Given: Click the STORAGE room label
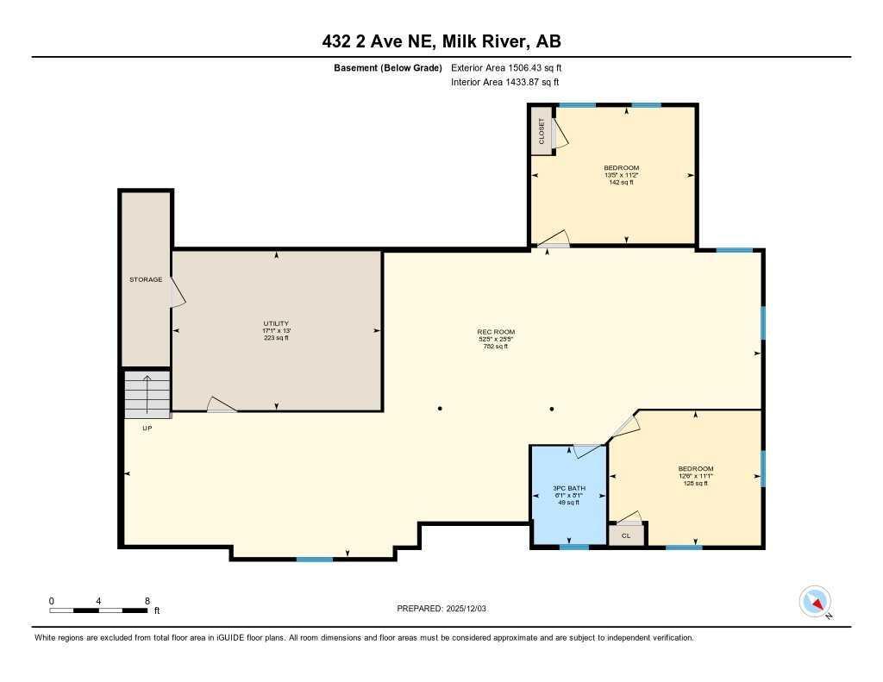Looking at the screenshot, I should (x=146, y=279).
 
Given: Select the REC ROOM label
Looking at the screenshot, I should (x=496, y=332).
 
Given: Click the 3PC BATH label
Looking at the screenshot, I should (x=568, y=488).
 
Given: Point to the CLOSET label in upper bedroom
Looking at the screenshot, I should (x=542, y=131).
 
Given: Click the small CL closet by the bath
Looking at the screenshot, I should (x=626, y=535).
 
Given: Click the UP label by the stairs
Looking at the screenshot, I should (x=147, y=428).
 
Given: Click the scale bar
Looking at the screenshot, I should (x=98, y=610).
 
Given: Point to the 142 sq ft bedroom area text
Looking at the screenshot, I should (x=621, y=183).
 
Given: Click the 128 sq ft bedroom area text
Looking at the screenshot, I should (x=695, y=483).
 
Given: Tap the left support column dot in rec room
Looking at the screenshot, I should (x=440, y=408).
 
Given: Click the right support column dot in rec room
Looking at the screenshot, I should (x=552, y=408).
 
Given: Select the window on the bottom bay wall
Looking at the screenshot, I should (x=315, y=560).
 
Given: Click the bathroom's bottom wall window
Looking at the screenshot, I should (x=573, y=547).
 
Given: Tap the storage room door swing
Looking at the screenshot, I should (x=178, y=292).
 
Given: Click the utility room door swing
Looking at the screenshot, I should (x=222, y=404).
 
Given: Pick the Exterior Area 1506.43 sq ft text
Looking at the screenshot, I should (x=506, y=67).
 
